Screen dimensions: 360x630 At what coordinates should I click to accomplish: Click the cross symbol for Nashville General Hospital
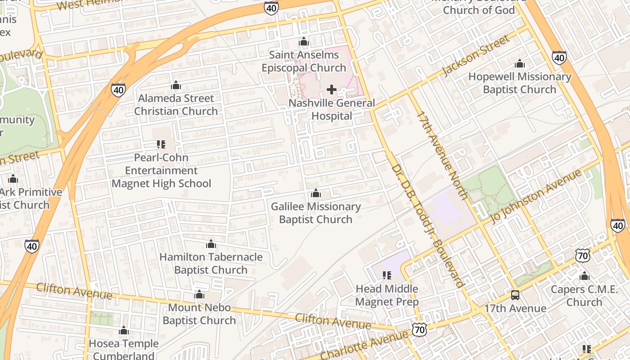point(332,90)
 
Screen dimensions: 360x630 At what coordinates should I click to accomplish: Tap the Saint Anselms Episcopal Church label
point(304,62)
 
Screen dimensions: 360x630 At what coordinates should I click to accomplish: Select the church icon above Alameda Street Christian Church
point(176,85)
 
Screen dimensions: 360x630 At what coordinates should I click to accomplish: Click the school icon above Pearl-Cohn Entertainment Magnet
point(161,144)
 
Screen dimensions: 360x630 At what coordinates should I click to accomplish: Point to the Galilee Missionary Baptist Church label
point(315,213)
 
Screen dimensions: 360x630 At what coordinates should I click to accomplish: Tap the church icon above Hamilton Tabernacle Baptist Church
point(211,244)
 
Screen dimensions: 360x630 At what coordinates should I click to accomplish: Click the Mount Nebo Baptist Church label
point(199,314)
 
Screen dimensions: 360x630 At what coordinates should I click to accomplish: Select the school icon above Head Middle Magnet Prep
point(387,275)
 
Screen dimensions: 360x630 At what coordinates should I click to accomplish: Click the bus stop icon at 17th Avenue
point(515,295)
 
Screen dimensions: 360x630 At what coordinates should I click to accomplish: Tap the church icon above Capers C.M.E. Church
point(585,276)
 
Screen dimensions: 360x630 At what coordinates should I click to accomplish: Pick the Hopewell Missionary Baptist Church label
point(520,83)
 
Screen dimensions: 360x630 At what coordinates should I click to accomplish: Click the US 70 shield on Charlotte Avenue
point(419,330)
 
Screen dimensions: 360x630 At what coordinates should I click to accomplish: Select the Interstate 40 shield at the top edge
point(271,8)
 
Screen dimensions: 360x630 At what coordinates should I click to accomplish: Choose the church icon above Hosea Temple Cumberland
point(124,331)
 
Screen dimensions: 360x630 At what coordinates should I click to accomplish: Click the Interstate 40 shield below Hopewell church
point(559,57)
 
